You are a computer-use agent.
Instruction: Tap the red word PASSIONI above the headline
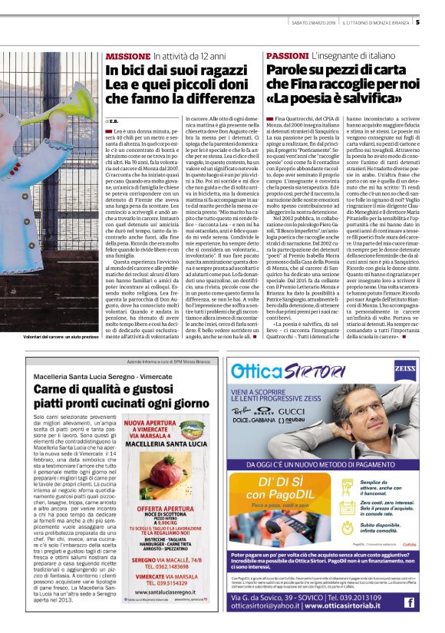pyautogui.click(x=288, y=57)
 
